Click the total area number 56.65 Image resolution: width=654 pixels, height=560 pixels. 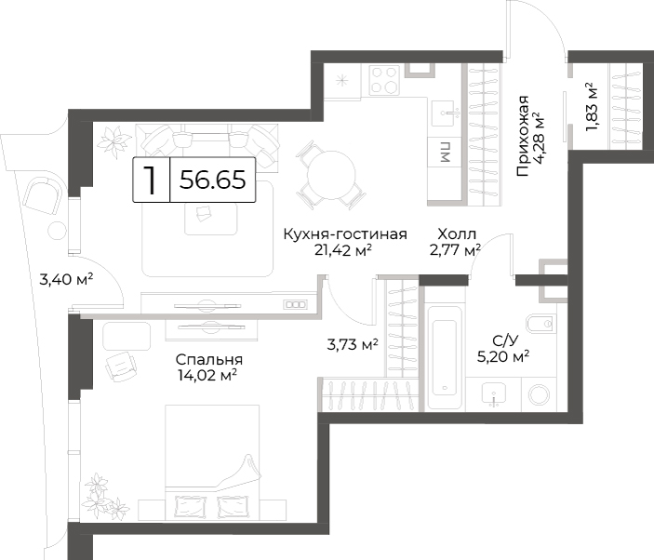click(212, 180)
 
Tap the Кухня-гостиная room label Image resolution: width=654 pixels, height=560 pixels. click(345, 233)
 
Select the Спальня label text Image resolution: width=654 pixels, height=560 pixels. click(209, 359)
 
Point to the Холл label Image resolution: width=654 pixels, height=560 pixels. click(457, 233)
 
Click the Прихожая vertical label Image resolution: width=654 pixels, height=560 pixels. click(523, 136)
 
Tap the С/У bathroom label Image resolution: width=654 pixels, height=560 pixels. click(504, 341)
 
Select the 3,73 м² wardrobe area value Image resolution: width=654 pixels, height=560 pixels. click(353, 345)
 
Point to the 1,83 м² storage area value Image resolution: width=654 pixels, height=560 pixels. click(592, 107)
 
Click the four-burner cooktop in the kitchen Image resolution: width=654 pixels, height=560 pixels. click(383, 80)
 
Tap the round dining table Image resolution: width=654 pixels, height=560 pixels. click(331, 174)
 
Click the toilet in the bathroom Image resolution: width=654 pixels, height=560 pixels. click(541, 323)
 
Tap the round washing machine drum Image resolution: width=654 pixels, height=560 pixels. click(539, 394)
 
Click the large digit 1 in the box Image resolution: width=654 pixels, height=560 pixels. click(150, 180)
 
